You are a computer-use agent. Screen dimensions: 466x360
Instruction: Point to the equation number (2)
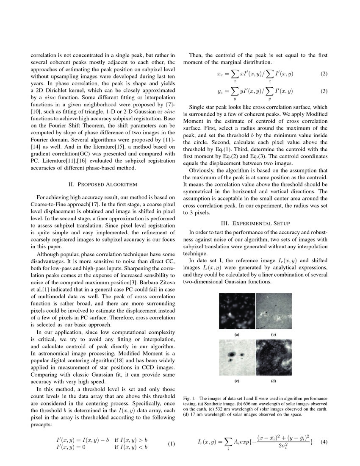(x=324, y=74)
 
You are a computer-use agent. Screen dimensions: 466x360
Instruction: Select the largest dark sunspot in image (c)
(x=232, y=353)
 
